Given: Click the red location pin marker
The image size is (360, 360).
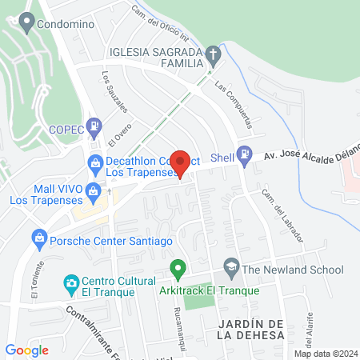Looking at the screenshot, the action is coord(181,163).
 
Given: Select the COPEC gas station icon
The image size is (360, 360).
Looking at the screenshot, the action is coord(95,125).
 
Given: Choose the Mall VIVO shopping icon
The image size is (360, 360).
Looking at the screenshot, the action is coord(94,190).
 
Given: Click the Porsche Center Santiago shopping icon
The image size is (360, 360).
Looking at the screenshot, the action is coord(38,238).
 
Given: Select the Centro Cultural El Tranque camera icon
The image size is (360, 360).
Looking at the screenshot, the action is coord(70,283).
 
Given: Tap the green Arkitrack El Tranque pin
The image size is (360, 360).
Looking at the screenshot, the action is coord(178,269).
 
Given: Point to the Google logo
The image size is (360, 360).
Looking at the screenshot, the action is coord(26,350).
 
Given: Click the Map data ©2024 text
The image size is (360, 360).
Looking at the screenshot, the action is coord(326,354).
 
